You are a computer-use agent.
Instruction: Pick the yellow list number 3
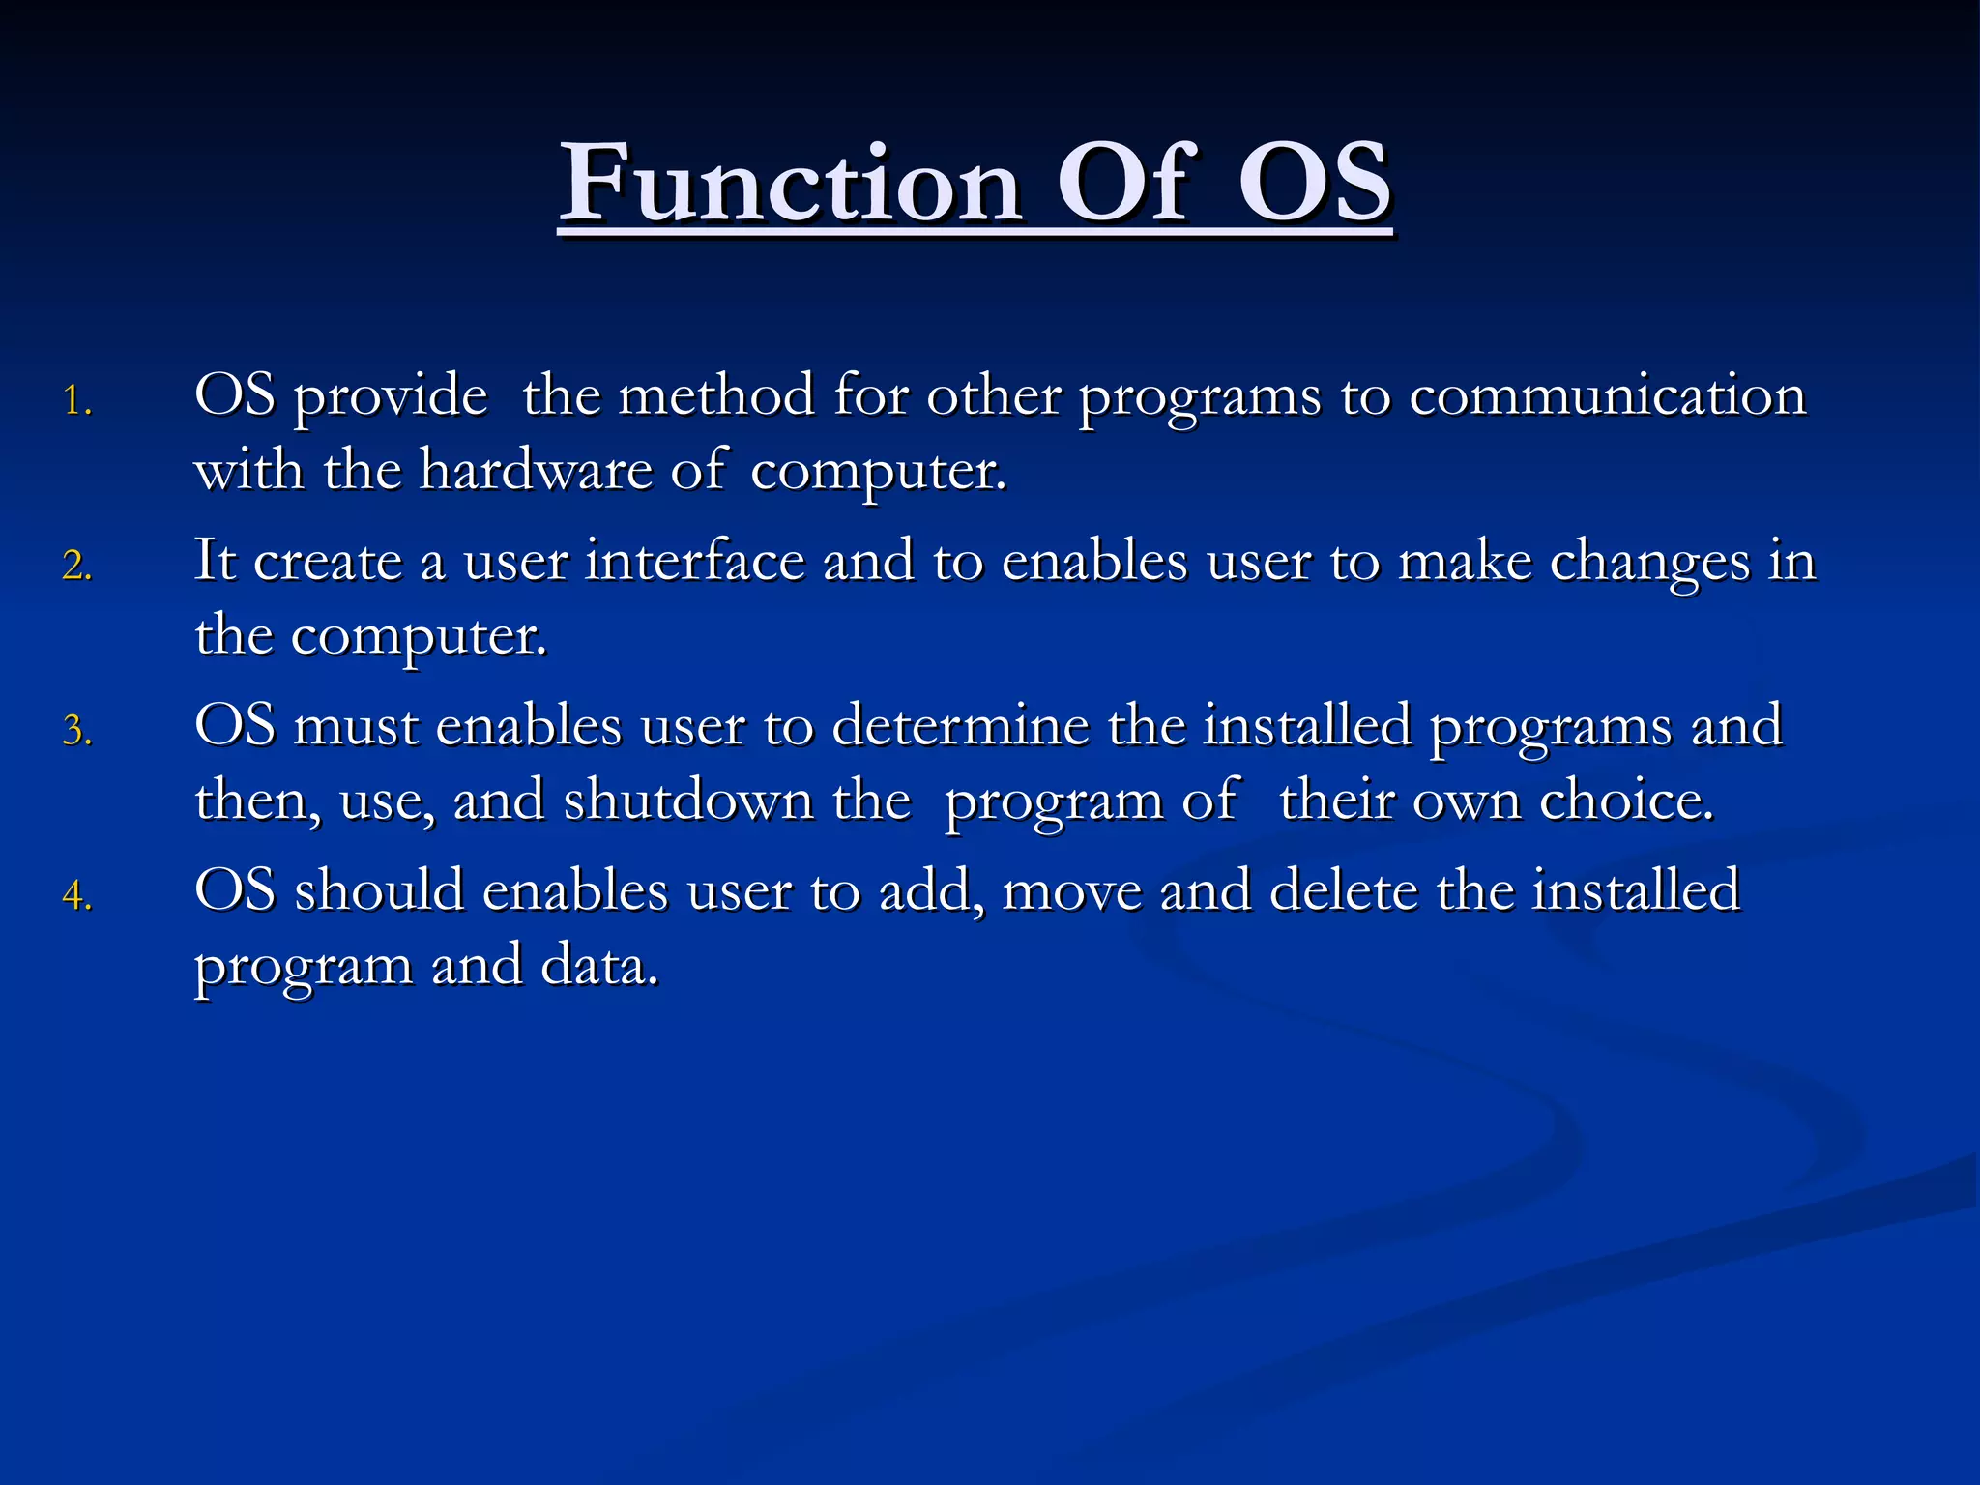[x=76, y=731]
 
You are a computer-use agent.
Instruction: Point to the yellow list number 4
[x=76, y=896]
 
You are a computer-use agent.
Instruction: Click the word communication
[x=1607, y=396]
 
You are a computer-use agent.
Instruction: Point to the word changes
[x=1649, y=562]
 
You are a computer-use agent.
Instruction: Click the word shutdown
[x=688, y=801]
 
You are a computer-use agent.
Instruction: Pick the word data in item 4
[x=599, y=966]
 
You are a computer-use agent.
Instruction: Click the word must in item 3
[x=356, y=726]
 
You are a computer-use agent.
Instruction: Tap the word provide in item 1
[x=390, y=396]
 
